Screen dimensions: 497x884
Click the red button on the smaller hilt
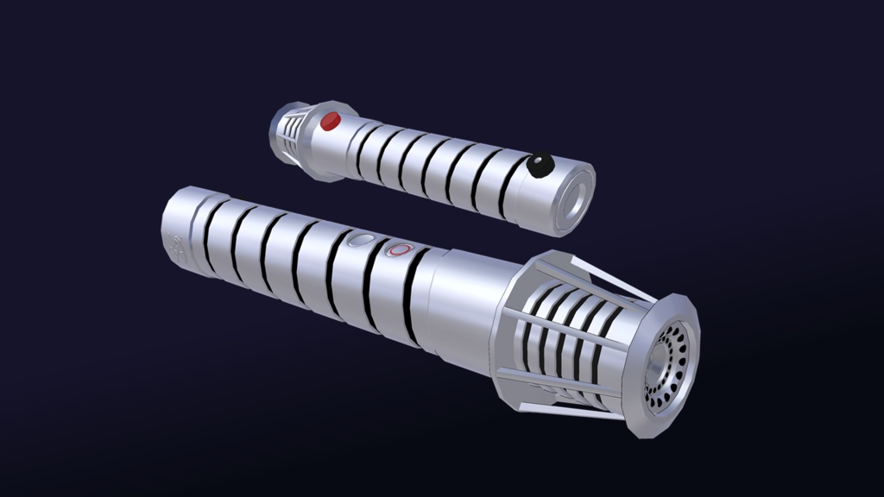tap(330, 122)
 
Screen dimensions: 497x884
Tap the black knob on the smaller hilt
tap(540, 165)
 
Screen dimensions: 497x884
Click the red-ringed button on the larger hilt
tap(399, 249)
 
